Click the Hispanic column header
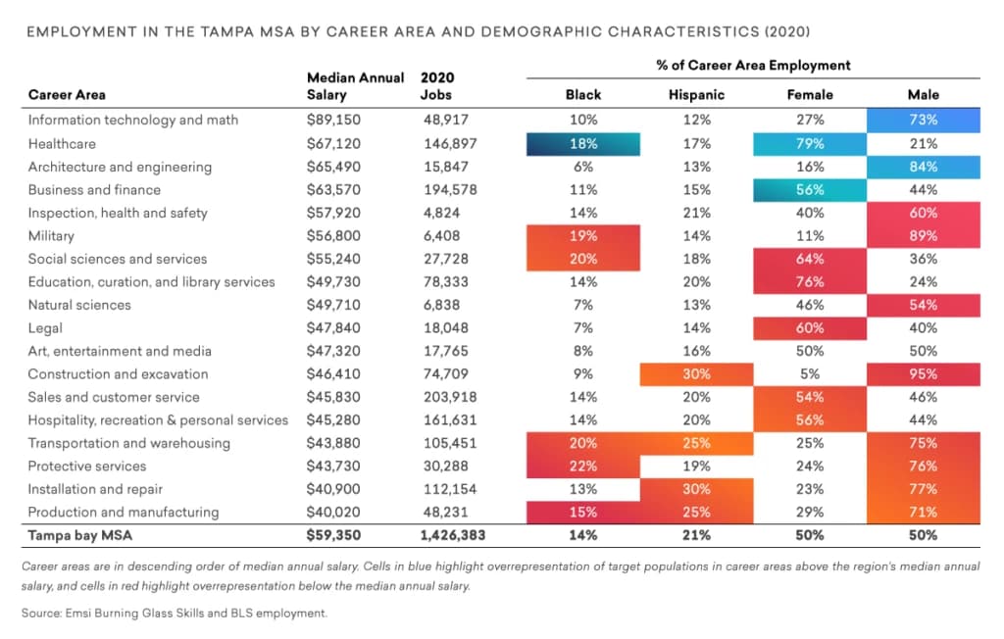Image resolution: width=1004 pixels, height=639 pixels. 696,95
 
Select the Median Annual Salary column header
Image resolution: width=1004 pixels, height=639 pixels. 355,86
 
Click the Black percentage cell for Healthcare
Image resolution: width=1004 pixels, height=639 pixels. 582,143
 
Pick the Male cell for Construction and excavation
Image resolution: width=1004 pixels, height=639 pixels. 923,374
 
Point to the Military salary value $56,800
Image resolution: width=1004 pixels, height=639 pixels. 332,236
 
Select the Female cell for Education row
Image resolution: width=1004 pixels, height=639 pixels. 810,282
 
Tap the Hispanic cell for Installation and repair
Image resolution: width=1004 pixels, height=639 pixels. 696,489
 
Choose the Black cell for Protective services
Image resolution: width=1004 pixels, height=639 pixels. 582,467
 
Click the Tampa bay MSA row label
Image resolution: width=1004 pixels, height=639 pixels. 81,535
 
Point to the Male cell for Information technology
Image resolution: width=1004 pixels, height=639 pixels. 923,121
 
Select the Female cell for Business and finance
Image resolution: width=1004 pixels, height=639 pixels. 810,190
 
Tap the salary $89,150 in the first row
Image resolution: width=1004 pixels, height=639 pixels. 332,121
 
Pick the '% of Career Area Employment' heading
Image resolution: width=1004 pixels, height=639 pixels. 753,66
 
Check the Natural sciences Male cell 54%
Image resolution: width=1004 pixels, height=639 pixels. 923,305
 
